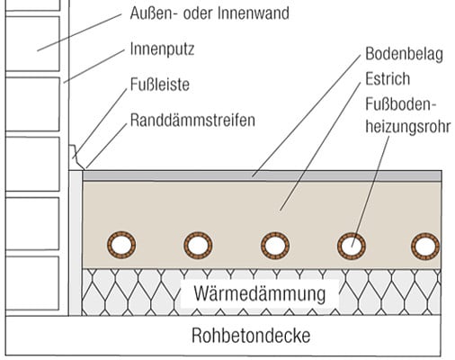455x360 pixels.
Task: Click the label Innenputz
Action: [162, 49]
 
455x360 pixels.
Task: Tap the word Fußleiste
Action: [160, 85]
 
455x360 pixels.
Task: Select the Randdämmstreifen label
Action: [192, 120]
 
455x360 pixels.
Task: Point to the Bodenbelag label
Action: [404, 54]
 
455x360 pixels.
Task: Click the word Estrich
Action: [388, 79]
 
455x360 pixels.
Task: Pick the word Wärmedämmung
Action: [260, 293]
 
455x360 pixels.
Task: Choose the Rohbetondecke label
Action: [251, 336]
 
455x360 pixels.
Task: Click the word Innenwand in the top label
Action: [254, 13]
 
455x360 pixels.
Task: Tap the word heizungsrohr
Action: [408, 127]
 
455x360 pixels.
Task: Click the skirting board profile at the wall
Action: [76, 157]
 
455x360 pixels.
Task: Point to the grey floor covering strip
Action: [262, 175]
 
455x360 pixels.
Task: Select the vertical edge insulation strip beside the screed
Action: [76, 243]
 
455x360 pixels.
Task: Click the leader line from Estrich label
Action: [320, 146]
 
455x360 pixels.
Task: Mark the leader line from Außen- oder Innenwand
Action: [79, 32]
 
